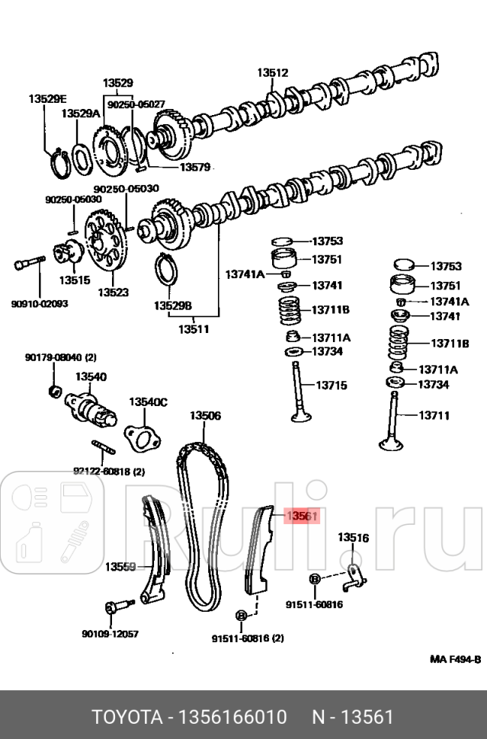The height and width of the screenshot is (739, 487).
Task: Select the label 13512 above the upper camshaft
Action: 272,73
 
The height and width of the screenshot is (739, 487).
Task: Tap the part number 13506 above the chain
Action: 205,415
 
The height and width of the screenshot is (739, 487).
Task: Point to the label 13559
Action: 120,566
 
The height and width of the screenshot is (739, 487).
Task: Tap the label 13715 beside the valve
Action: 331,385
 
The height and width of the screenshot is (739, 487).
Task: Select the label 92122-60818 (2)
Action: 108,472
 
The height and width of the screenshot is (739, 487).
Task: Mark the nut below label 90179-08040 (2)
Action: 54,392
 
